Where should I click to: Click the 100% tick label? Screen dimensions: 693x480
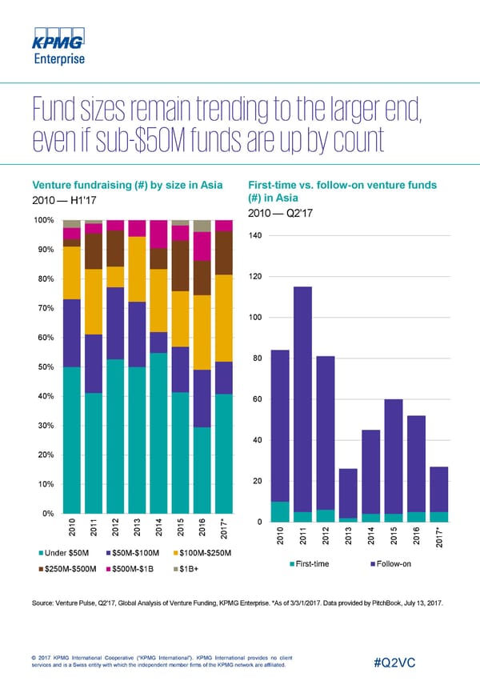[42, 220]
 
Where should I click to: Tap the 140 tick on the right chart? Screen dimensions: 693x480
[256, 234]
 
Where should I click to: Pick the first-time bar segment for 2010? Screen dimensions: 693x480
[280, 512]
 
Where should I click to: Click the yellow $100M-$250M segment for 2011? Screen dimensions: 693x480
[94, 302]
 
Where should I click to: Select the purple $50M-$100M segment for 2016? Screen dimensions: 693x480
[202, 399]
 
